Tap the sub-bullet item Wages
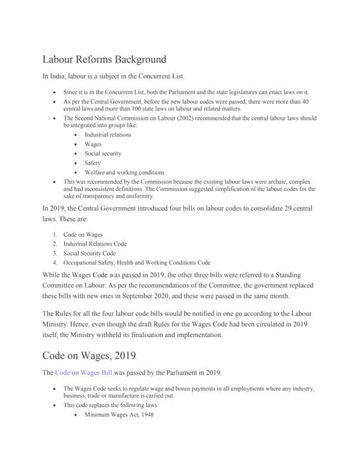(92, 145)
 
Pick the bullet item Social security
(103, 154)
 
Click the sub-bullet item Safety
(92, 163)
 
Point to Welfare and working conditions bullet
(124, 173)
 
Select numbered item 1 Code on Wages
(83, 235)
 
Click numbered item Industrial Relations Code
(95, 244)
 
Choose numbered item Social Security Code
(89, 254)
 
